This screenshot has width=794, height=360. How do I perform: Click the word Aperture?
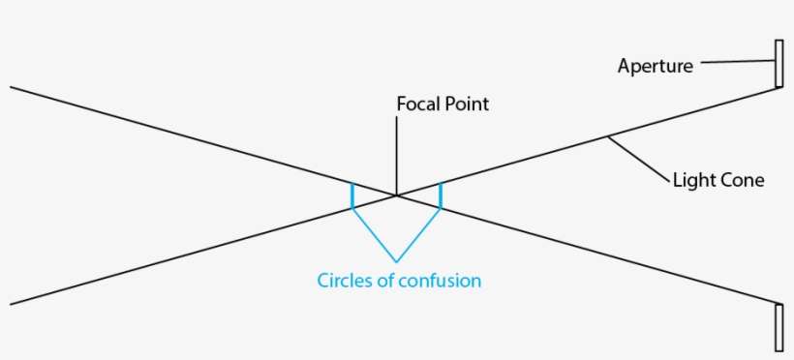pyautogui.click(x=655, y=67)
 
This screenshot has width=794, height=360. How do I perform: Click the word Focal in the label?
pyautogui.click(x=416, y=104)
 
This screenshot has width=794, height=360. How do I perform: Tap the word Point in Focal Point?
pyautogui.click(x=466, y=104)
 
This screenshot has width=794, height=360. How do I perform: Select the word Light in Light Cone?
pyautogui.click(x=691, y=180)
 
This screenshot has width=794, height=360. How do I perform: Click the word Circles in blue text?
pyautogui.click(x=344, y=282)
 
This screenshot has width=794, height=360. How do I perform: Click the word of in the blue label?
pyautogui.click(x=385, y=282)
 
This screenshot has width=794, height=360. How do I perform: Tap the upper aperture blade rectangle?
pyautogui.click(x=779, y=64)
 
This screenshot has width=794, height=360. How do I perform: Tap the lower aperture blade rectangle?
pyautogui.click(x=779, y=327)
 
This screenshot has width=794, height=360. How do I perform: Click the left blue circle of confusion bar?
pyautogui.click(x=352, y=195)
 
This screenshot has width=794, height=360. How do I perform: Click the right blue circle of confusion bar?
pyautogui.click(x=441, y=195)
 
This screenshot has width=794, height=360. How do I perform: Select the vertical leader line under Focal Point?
pyautogui.click(x=396, y=155)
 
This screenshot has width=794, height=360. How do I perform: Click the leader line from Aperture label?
pyautogui.click(x=735, y=64)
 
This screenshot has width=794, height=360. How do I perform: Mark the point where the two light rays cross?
pyautogui.click(x=396, y=196)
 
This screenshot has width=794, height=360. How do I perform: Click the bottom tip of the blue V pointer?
pyautogui.click(x=396, y=261)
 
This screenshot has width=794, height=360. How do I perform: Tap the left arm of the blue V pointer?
pyautogui.click(x=374, y=234)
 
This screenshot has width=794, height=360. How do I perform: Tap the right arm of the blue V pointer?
pyautogui.click(x=418, y=234)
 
